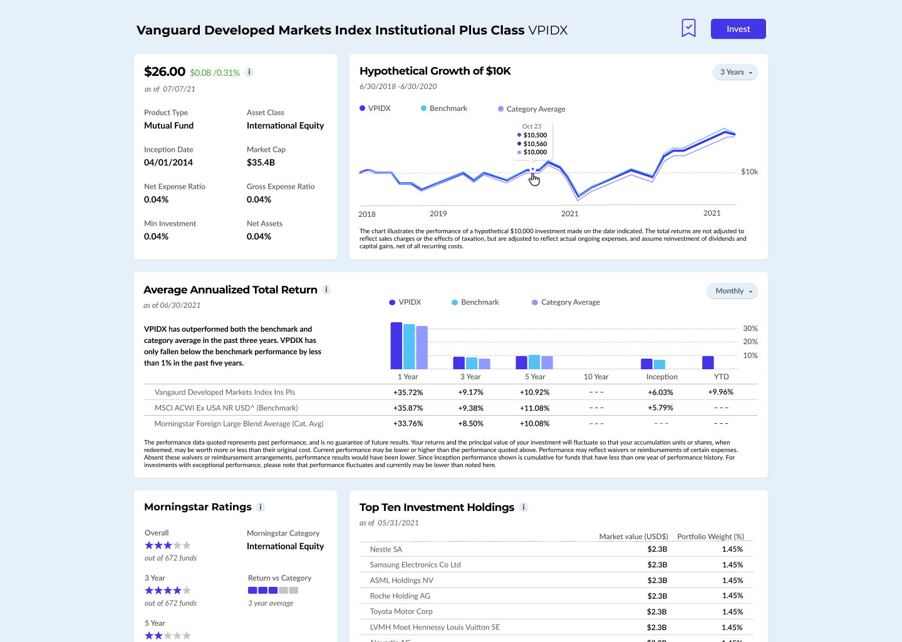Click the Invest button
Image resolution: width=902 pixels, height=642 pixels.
coord(738,29)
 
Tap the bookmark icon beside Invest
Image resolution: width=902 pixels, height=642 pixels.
coord(688,28)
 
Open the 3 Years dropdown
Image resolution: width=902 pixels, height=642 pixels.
coord(735,72)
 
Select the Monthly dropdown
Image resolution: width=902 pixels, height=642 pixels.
coord(732,291)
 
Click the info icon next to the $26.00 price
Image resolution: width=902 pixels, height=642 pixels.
coord(249,72)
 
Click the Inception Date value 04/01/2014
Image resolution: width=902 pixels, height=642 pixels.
coord(168,162)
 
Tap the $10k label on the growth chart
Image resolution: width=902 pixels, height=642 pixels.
coord(749,172)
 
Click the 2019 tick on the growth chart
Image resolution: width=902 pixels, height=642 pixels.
coord(438,214)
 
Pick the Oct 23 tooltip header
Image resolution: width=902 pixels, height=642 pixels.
coord(532,126)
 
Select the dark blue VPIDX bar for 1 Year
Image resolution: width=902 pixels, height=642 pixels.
coord(396,345)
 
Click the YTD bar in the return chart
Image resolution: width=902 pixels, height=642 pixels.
coord(708,362)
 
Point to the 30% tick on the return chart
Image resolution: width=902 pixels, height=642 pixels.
coord(750,329)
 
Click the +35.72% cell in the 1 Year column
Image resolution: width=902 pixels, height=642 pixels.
coord(408,392)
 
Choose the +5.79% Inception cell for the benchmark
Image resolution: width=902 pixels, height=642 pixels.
coord(660,408)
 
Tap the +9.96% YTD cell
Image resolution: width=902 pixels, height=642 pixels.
coord(720,392)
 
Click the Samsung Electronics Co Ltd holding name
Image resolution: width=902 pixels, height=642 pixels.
coord(415,565)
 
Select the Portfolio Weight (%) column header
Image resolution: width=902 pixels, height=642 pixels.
coord(710,537)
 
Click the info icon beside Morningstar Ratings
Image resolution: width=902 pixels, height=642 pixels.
coord(261,507)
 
